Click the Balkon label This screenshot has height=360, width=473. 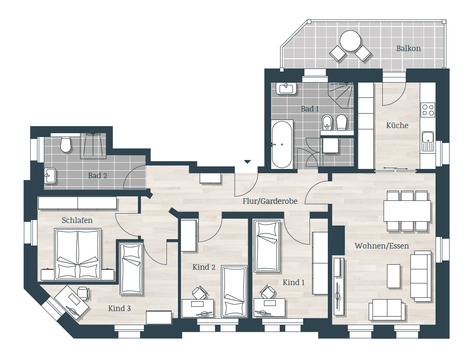(x=408, y=48)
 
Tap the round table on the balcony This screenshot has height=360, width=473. (x=350, y=41)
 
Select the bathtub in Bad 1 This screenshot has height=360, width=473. (x=282, y=144)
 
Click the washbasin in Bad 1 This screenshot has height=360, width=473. (x=286, y=89)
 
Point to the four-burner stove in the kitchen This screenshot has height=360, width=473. (x=428, y=110)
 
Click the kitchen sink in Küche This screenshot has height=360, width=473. (x=428, y=141)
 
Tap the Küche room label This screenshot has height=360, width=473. (x=397, y=125)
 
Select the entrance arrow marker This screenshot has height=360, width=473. (x=247, y=162)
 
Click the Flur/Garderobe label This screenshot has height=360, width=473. (x=270, y=201)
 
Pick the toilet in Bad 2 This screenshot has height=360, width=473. (x=66, y=144)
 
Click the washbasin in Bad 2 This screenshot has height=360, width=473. (x=50, y=175)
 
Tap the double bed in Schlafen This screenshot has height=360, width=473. (x=77, y=254)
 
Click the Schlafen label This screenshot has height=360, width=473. (x=77, y=220)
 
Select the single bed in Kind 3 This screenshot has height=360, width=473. (x=131, y=269)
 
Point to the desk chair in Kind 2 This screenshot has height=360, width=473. (x=200, y=292)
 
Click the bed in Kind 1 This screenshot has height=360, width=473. (x=267, y=246)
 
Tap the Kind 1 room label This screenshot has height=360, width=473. (x=293, y=283)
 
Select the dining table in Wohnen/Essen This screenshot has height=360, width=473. (x=407, y=211)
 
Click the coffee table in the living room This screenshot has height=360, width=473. (x=394, y=276)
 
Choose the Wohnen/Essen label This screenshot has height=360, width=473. (x=381, y=246)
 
